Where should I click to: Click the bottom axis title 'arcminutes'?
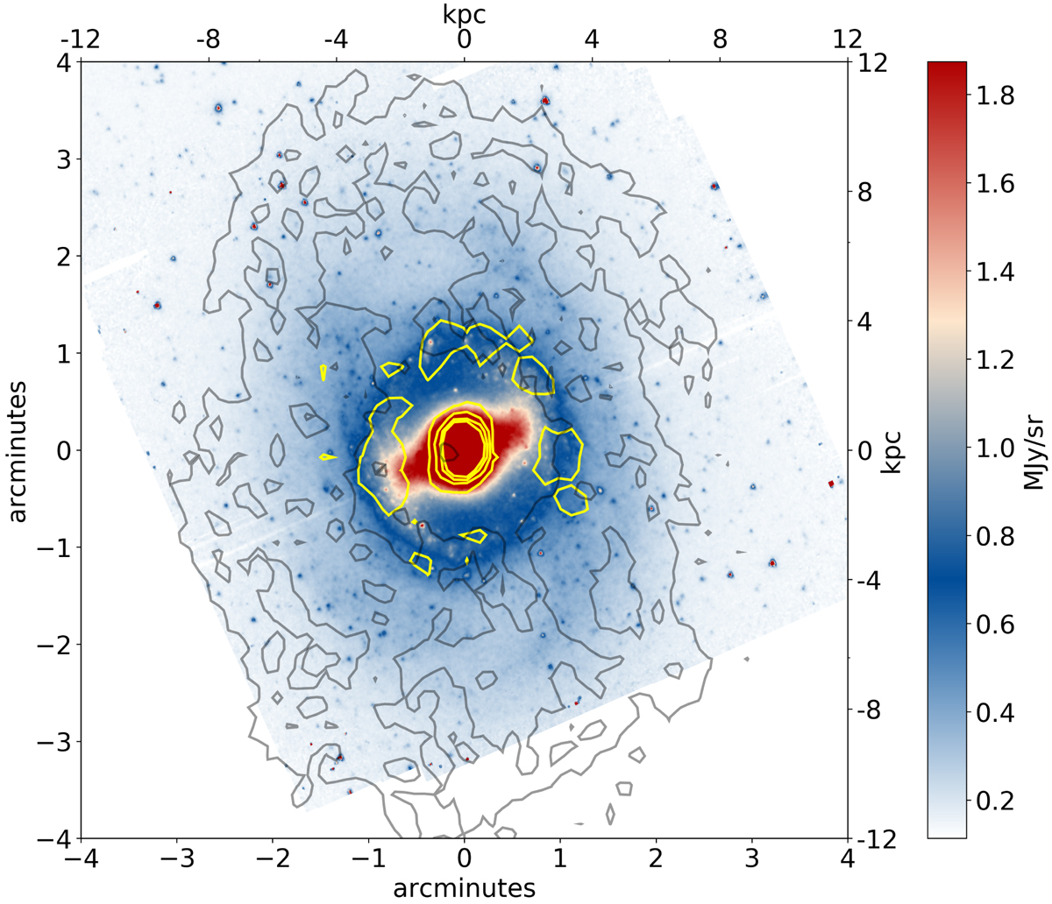click(x=465, y=887)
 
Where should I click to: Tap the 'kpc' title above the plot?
click(x=465, y=13)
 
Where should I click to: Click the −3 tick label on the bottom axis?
click(x=176, y=862)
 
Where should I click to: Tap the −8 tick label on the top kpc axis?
click(x=208, y=41)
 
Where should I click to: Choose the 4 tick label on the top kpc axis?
click(x=593, y=41)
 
